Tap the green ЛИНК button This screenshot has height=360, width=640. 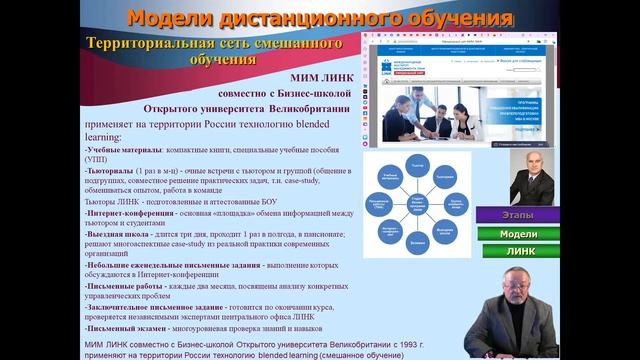coord(519,251)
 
